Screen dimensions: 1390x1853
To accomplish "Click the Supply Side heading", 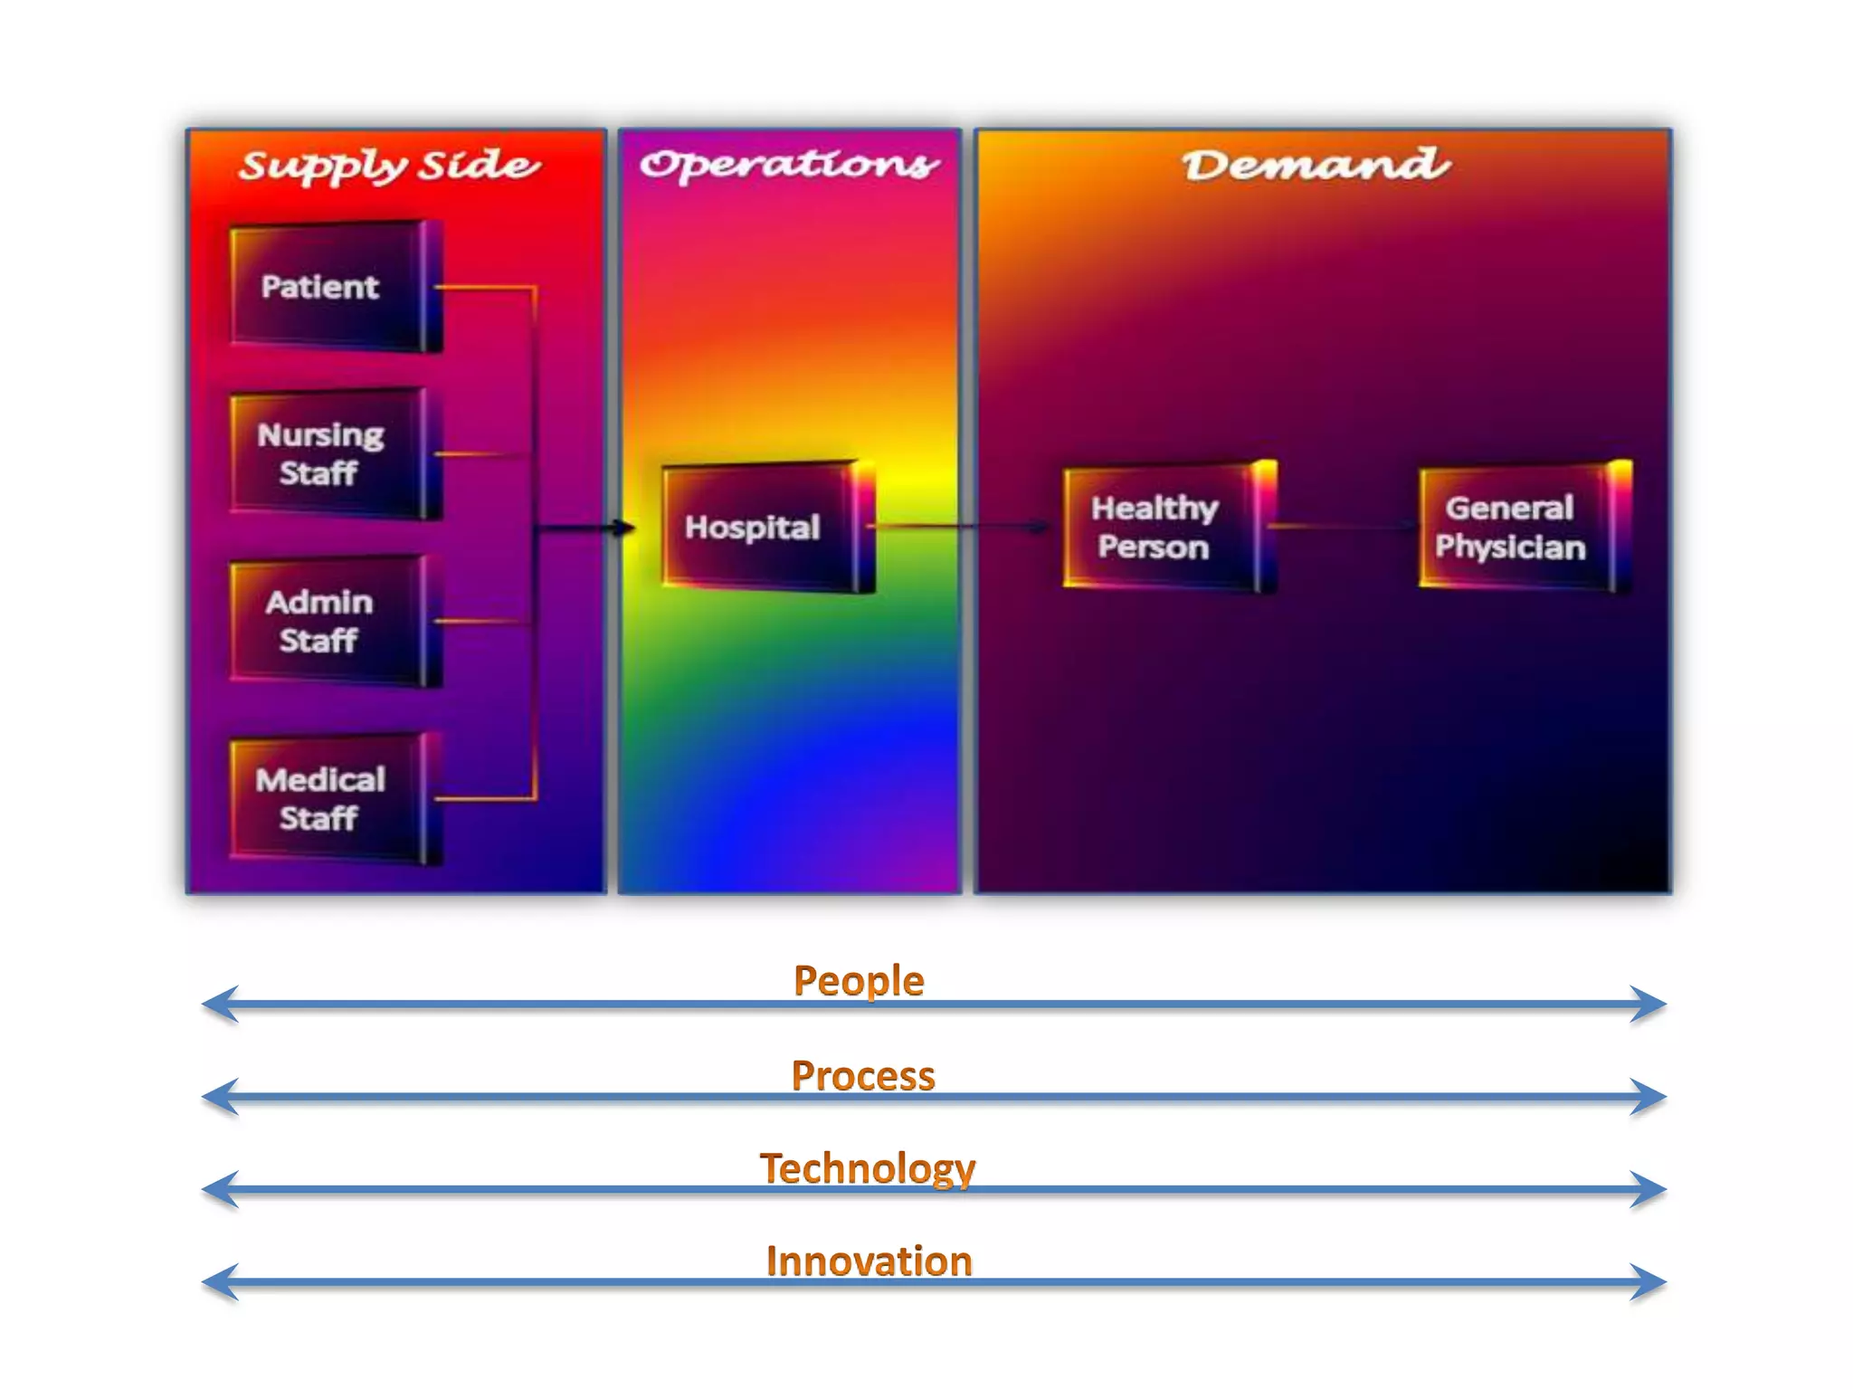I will pyautogui.click(x=389, y=167).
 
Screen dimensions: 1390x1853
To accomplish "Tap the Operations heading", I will pyautogui.click(x=789, y=165).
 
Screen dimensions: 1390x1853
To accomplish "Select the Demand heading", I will pyautogui.click(x=1316, y=165).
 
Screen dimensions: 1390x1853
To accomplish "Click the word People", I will pyautogui.click(x=859, y=981).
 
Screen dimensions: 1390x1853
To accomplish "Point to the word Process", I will pyautogui.click(x=863, y=1076).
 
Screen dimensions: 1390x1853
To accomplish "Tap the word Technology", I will pyautogui.click(x=868, y=1168).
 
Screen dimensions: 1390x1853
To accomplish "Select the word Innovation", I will pyautogui.click(x=869, y=1261).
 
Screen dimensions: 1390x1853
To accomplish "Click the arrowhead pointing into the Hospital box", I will pyautogui.click(x=625, y=528).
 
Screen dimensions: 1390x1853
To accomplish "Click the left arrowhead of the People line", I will pyautogui.click(x=218, y=1004).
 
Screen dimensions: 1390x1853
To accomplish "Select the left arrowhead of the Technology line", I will pyautogui.click(x=218, y=1189).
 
